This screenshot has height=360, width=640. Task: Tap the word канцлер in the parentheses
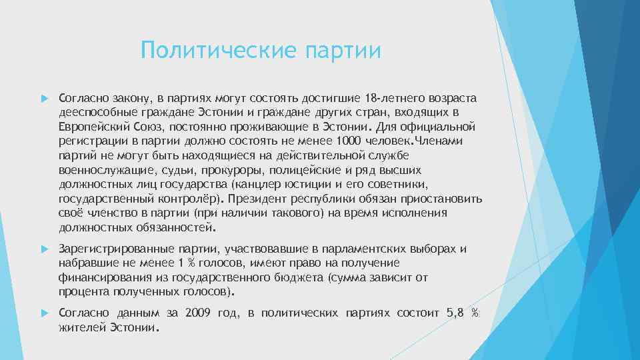(256, 184)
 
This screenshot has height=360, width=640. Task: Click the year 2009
(198, 313)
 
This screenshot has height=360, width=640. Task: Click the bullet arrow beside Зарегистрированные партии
(45, 249)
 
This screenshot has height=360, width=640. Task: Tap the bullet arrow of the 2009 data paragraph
(45, 313)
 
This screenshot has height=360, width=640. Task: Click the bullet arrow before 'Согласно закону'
(45, 99)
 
